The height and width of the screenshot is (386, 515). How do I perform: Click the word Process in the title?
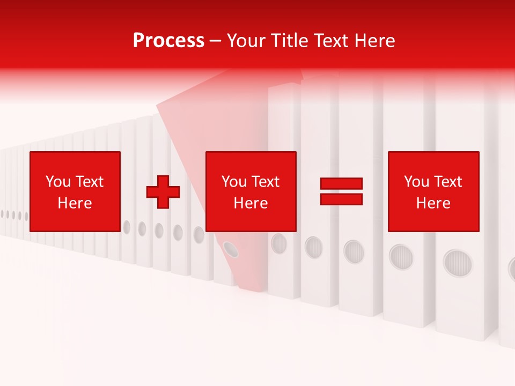click(x=168, y=41)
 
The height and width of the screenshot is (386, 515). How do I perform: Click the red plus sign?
click(x=163, y=192)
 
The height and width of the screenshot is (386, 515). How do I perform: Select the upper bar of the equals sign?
click(x=341, y=183)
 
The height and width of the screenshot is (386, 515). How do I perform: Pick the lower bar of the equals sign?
click(x=341, y=199)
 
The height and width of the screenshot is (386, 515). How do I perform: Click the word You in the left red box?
click(x=58, y=182)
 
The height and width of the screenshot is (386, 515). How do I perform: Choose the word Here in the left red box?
click(x=75, y=203)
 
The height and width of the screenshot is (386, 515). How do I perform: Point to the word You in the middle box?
click(x=234, y=182)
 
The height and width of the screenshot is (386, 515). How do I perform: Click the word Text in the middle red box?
click(x=265, y=182)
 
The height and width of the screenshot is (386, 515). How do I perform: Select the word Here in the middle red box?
click(x=251, y=203)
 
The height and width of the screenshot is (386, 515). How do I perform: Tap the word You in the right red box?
click(x=416, y=182)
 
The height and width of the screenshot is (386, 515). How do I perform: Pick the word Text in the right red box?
click(x=447, y=182)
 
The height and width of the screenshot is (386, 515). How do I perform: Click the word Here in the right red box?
click(x=433, y=203)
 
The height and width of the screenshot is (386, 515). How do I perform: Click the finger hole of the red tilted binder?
click(x=231, y=248)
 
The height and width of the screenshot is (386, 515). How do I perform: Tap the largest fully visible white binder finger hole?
click(x=458, y=263)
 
